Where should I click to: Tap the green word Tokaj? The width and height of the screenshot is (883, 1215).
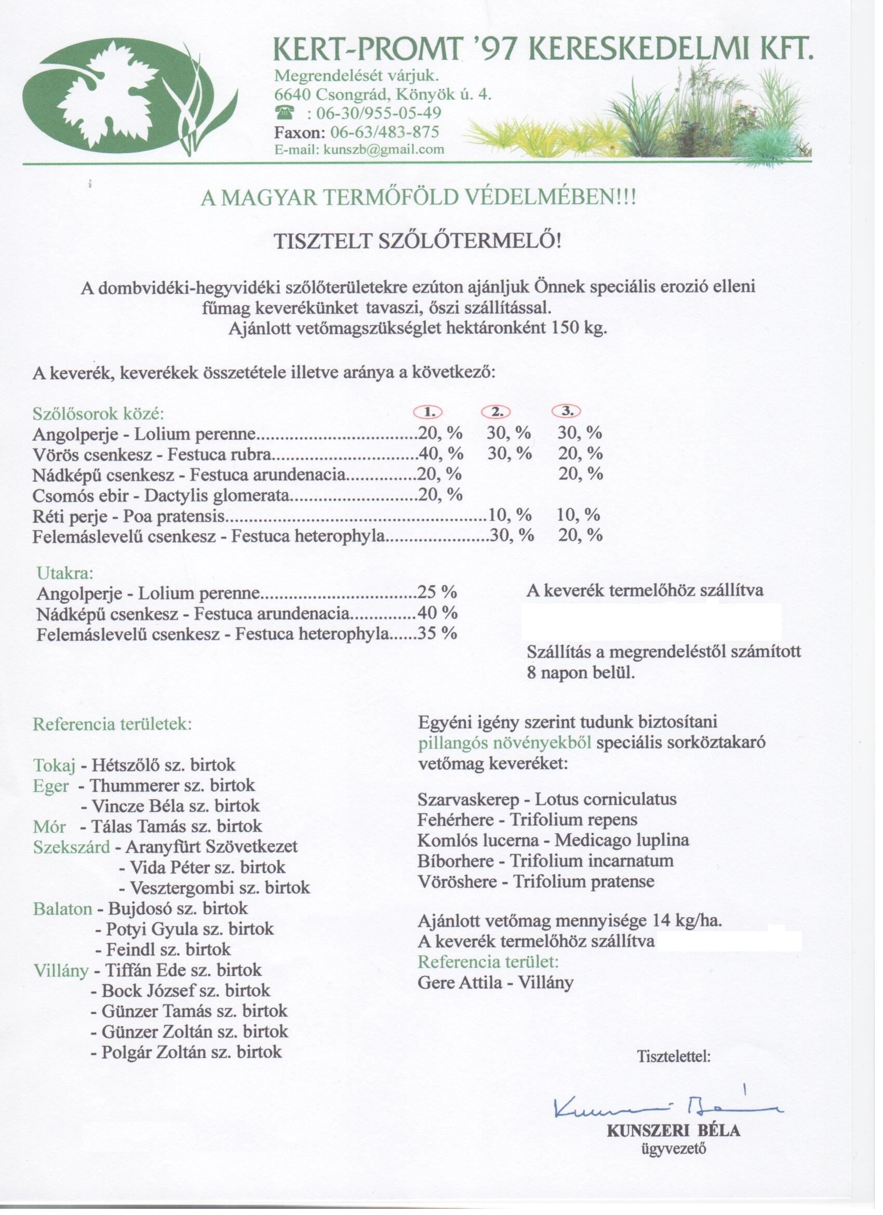(x=55, y=765)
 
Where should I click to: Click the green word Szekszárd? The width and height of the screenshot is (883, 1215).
(x=71, y=847)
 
